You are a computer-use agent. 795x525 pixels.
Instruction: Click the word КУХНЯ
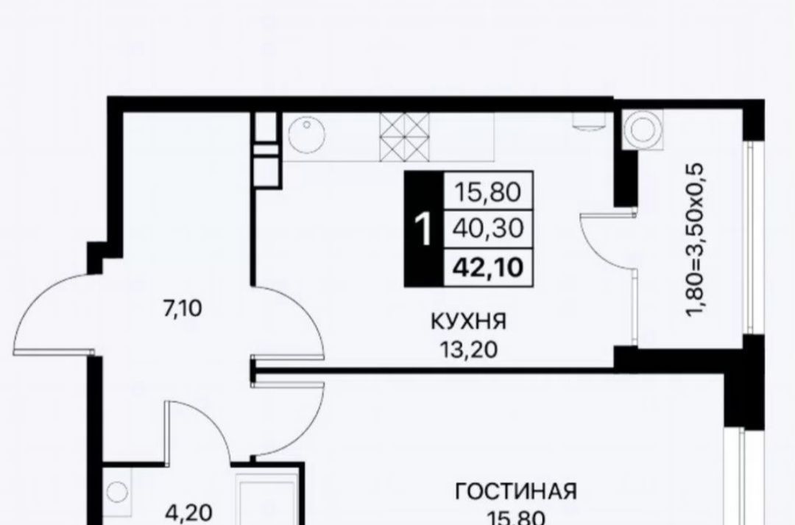(468, 321)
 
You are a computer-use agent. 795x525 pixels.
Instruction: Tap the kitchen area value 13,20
(468, 349)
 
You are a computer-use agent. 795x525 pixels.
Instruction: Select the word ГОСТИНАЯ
(516, 492)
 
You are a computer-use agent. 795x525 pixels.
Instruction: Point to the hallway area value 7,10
(182, 309)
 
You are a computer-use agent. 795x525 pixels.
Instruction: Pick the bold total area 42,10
(488, 267)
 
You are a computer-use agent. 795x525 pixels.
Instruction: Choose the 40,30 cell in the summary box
(488, 229)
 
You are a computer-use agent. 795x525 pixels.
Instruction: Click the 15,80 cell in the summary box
(488, 191)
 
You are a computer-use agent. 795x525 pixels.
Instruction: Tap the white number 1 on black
(423, 229)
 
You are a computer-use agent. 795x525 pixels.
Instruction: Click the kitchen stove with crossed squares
(404, 135)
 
